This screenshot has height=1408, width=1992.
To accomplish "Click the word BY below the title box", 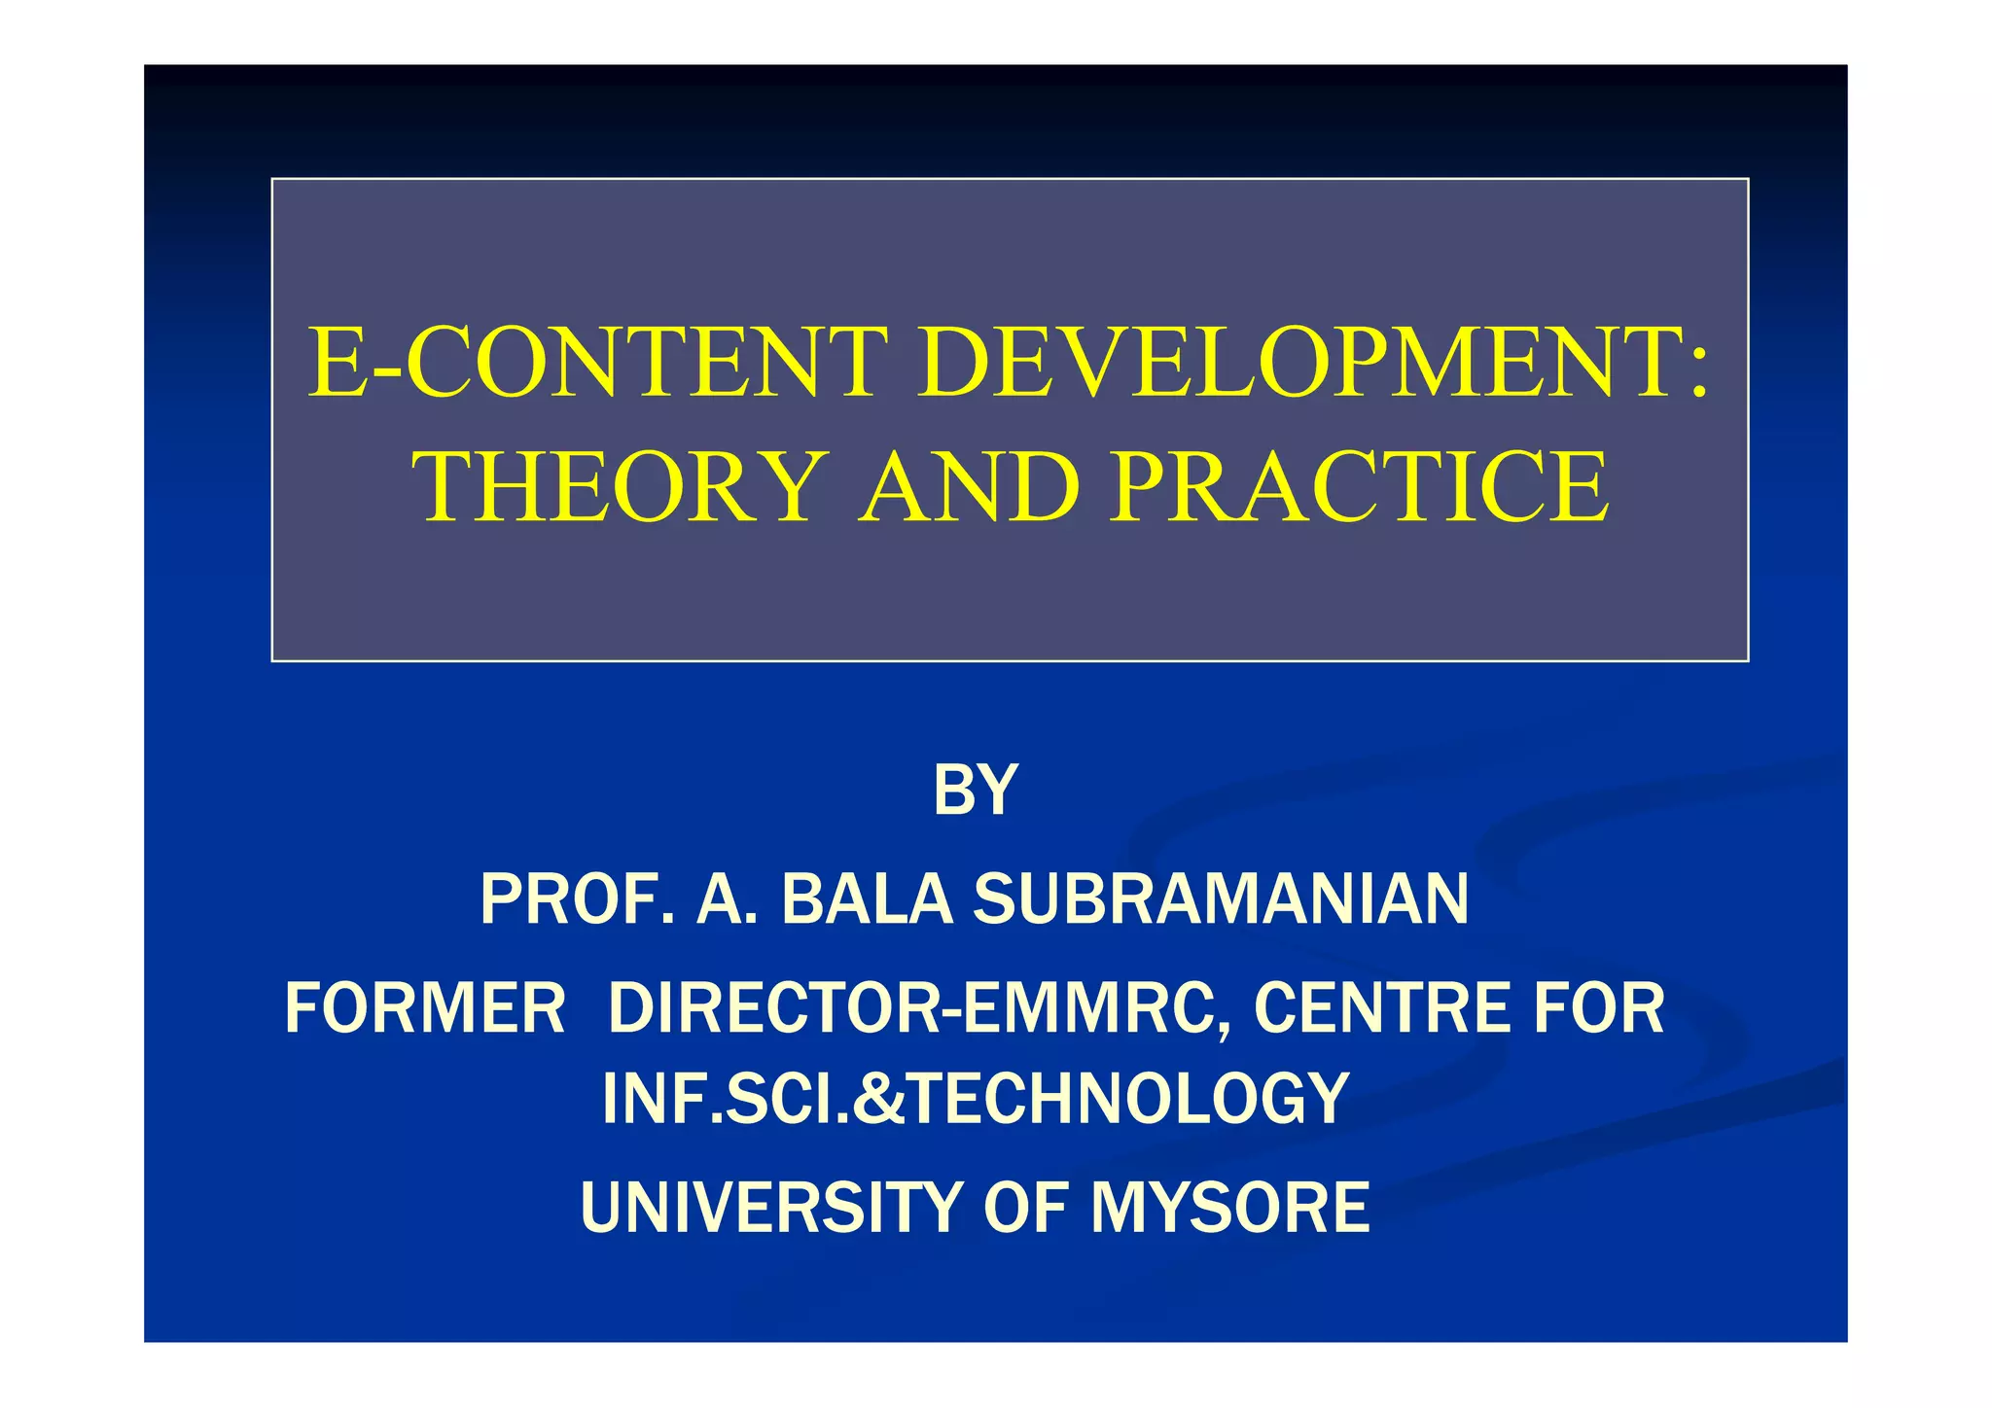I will tap(975, 790).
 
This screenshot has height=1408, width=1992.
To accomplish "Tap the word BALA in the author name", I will tap(867, 899).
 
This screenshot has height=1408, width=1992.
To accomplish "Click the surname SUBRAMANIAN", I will tap(1221, 899).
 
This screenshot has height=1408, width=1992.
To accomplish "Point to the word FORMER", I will tap(425, 1008).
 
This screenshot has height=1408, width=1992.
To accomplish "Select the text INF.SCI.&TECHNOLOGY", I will tap(976, 1099).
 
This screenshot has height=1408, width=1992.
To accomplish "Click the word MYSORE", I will tap(1230, 1208).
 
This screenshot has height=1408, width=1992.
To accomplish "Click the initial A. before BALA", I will tap(726, 899).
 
